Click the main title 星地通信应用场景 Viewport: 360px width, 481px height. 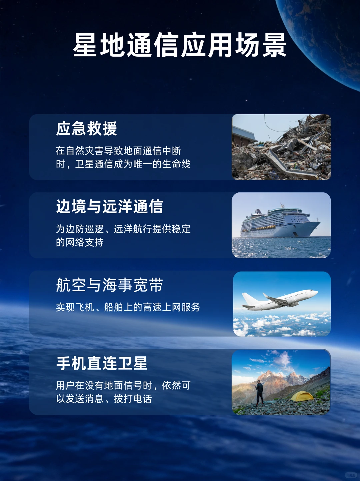pyautogui.click(x=180, y=45)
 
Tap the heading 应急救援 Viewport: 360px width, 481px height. pyautogui.click(x=86, y=129)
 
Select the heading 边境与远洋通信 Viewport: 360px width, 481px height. pyautogui.click(x=109, y=207)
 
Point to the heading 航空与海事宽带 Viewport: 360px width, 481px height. pyautogui.click(x=109, y=285)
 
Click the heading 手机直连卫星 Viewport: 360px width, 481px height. pyautogui.click(x=102, y=363)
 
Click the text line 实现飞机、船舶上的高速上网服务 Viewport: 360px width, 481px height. pyautogui.click(x=128, y=307)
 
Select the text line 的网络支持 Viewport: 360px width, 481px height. pyautogui.click(x=80, y=242)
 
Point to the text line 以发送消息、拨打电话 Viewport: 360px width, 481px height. pyautogui.click(x=104, y=399)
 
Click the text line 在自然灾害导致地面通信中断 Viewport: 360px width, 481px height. pyautogui.click(x=118, y=151)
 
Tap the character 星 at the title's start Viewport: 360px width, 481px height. pyautogui.click(x=85, y=45)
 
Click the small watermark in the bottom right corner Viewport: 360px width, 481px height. pyautogui.click(x=350, y=475)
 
